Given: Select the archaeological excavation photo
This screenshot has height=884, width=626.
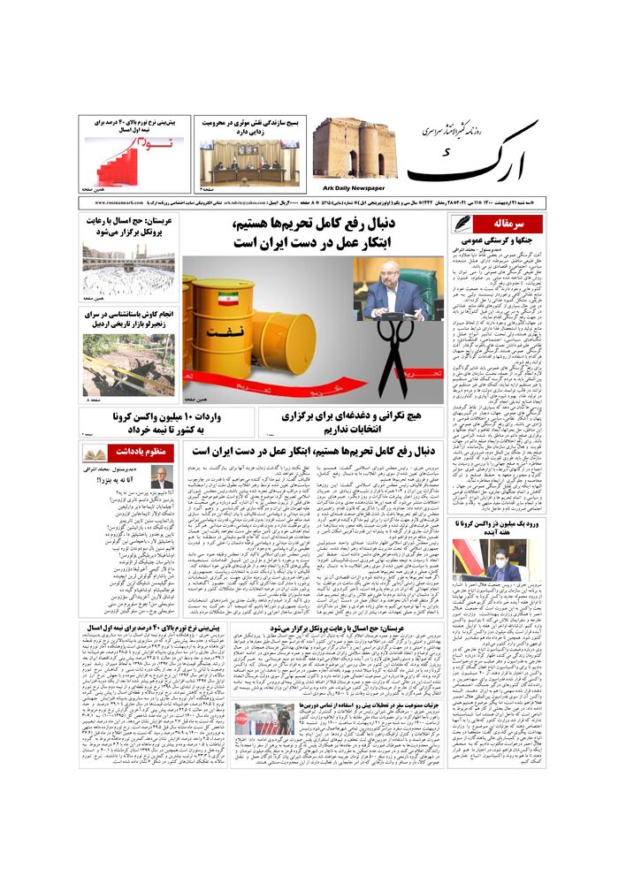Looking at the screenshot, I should click(x=128, y=362).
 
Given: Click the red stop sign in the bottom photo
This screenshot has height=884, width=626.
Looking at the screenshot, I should click(x=241, y=718).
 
